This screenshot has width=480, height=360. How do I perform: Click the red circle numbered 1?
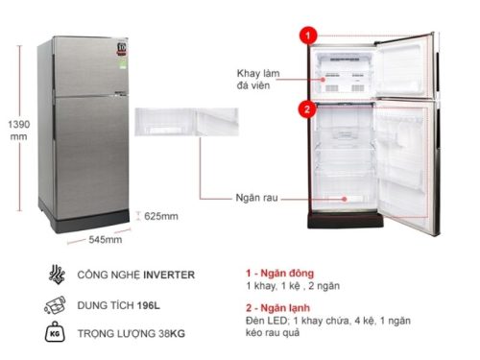coord(307,36)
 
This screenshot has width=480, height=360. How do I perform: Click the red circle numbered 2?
coord(307,108)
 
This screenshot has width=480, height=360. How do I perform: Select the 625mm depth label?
coord(162,216)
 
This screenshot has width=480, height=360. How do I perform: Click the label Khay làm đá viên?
coord(259,79)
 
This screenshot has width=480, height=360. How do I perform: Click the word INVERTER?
coord(166,276)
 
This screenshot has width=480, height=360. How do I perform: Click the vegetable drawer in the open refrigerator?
coord(343,200)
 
